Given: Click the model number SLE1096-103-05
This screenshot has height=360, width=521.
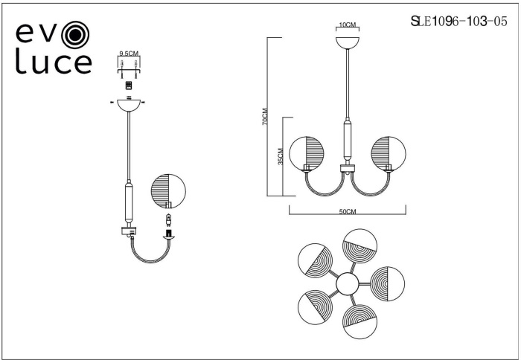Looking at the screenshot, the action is click(x=459, y=22).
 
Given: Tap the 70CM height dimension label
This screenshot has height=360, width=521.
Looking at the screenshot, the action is click(x=265, y=117).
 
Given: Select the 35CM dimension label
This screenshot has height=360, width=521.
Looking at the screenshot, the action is click(x=280, y=156).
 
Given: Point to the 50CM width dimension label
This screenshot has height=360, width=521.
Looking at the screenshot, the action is click(x=348, y=211).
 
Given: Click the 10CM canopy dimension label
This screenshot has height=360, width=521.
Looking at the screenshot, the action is click(x=348, y=25).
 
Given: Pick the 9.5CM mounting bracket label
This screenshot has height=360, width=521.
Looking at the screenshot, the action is click(x=129, y=53).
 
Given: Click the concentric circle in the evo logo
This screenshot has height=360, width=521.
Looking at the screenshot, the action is click(x=75, y=34).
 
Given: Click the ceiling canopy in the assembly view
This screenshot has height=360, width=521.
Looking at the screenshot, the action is click(x=129, y=106).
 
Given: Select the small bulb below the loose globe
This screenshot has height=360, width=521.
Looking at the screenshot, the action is click(x=168, y=220).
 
